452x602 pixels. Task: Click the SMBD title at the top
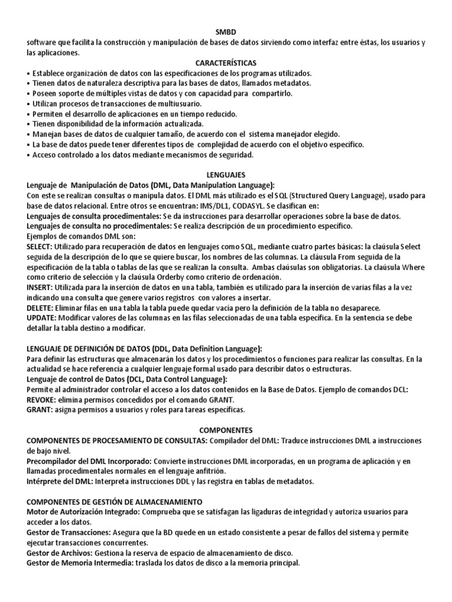226,33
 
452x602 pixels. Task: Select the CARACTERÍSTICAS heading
226,63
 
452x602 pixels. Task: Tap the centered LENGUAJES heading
226,175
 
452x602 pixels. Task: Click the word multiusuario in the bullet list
150,103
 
